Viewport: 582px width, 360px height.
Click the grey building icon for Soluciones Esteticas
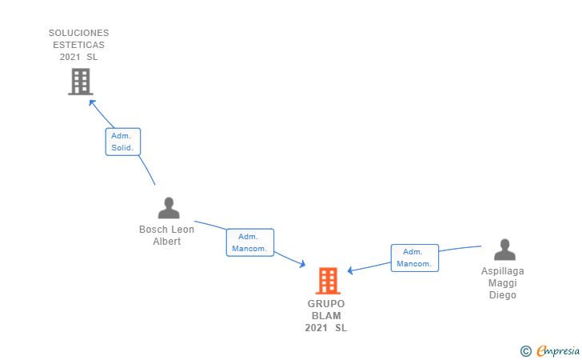(x=80, y=82)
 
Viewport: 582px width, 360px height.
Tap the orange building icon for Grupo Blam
(x=328, y=281)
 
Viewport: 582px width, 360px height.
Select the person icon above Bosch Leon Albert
(x=169, y=208)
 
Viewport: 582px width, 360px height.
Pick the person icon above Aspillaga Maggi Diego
(x=504, y=250)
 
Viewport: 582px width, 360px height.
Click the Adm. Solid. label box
(x=122, y=142)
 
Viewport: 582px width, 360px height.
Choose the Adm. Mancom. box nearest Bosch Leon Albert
(x=249, y=242)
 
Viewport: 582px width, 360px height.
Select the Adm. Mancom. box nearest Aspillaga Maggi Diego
(x=414, y=258)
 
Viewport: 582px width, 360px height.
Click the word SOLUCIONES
(x=79, y=33)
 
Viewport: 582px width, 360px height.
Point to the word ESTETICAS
(x=79, y=45)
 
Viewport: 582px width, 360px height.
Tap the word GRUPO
(x=326, y=304)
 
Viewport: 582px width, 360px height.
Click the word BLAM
(x=326, y=316)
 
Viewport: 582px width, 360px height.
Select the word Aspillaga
(x=503, y=271)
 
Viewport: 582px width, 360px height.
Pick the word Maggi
(x=503, y=283)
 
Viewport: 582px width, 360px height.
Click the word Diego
(x=503, y=295)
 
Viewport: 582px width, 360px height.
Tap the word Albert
(x=167, y=242)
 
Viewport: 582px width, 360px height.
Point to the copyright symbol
(x=525, y=350)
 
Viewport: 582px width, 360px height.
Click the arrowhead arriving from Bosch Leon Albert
(x=302, y=264)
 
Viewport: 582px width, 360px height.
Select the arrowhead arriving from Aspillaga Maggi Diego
(x=351, y=271)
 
